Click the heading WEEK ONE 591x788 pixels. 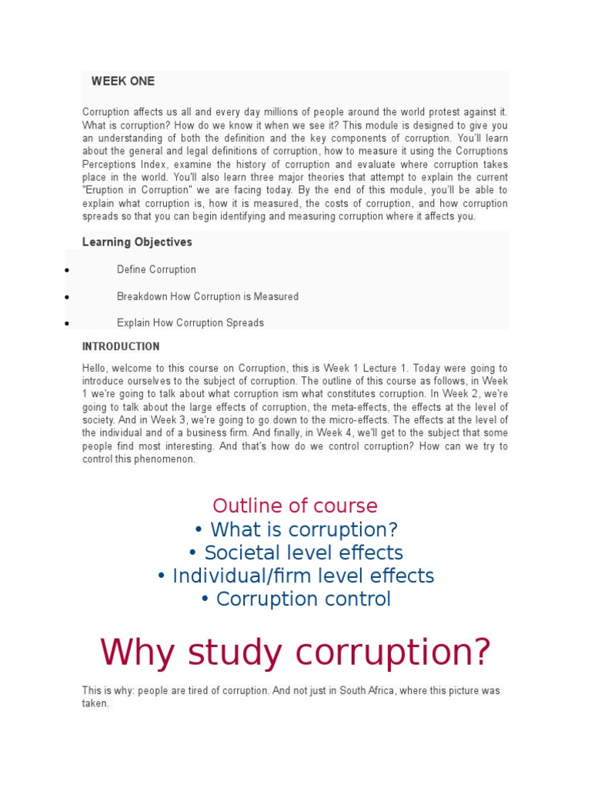[123, 81]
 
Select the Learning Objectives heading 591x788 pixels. [137, 242]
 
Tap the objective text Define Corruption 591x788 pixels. [156, 269]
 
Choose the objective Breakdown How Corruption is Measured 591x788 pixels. [207, 296]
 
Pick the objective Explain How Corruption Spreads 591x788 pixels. [190, 323]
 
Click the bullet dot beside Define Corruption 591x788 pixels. [68, 271]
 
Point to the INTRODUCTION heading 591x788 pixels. [121, 346]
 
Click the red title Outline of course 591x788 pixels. [295, 506]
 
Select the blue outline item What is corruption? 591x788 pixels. [295, 529]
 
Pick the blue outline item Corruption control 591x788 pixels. [295, 599]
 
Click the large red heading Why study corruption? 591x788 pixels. [295, 653]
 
